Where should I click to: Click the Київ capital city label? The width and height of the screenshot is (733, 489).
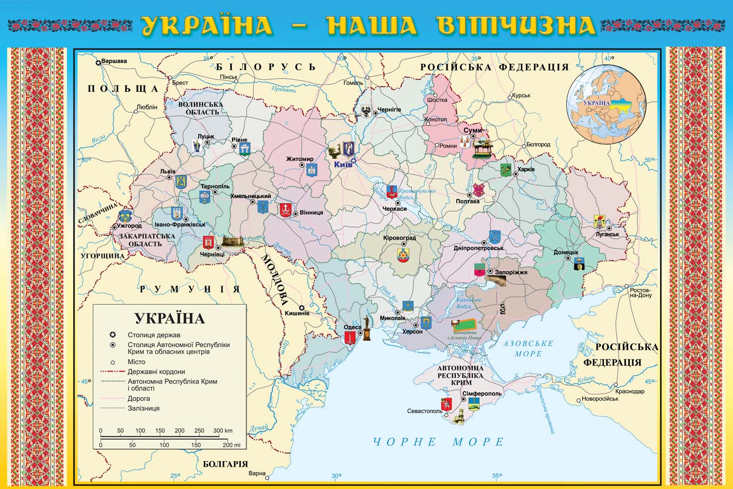[x=342, y=164]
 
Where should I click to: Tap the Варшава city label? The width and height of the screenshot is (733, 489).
[x=114, y=62]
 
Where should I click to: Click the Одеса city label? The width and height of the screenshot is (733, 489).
[x=353, y=327]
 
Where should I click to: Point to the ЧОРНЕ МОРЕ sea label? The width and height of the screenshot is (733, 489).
[x=439, y=442]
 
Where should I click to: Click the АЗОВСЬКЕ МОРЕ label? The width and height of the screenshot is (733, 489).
[x=527, y=348]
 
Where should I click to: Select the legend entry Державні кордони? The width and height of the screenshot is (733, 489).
[x=156, y=372]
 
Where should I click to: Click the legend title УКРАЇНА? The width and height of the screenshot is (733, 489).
[x=169, y=319]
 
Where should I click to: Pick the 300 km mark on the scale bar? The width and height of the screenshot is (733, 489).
[x=219, y=431]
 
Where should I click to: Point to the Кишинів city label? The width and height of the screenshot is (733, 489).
[x=296, y=313]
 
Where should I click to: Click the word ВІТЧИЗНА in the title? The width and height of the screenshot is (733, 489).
[x=516, y=26]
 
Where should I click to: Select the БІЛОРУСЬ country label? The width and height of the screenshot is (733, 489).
[x=266, y=67]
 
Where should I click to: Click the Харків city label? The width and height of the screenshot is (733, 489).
[x=526, y=169]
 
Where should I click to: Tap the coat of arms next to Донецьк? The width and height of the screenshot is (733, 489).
[x=578, y=264]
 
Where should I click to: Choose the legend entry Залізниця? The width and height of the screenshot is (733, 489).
[x=144, y=408]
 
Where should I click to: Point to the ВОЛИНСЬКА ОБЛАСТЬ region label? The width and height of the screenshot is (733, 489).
[x=202, y=108]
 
